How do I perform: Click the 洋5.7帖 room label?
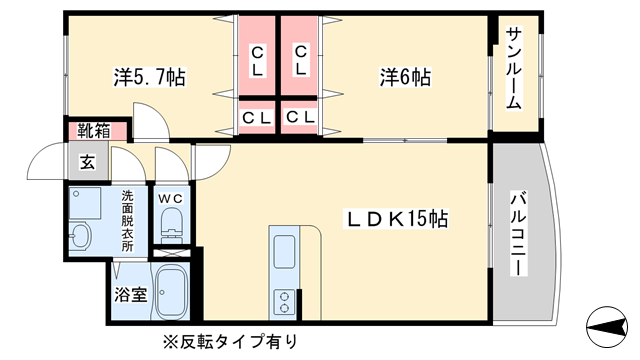(149, 77)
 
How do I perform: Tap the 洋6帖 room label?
(405, 77)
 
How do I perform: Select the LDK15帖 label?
(397, 219)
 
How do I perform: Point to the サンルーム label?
(513, 68)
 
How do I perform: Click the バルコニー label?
(519, 234)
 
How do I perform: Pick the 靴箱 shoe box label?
(94, 131)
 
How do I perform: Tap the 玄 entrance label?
(88, 162)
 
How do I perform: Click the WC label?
(171, 199)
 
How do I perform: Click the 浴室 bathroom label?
(131, 294)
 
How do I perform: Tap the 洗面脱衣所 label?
(127, 221)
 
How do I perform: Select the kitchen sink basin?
(284, 251)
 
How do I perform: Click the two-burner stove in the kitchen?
(284, 302)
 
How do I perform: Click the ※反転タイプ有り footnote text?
(231, 342)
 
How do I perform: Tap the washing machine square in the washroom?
(85, 203)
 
